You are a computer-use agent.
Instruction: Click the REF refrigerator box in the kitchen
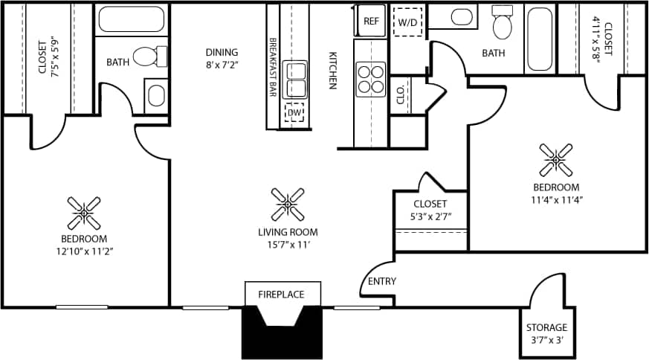371,21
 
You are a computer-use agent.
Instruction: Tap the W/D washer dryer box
408,22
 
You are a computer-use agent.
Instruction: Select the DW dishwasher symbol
295,112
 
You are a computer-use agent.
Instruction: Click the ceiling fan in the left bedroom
84,213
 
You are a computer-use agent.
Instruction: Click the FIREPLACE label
281,295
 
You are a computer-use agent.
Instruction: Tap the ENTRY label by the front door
382,281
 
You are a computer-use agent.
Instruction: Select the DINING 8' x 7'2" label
222,58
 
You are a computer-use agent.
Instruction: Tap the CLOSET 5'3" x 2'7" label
430,210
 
